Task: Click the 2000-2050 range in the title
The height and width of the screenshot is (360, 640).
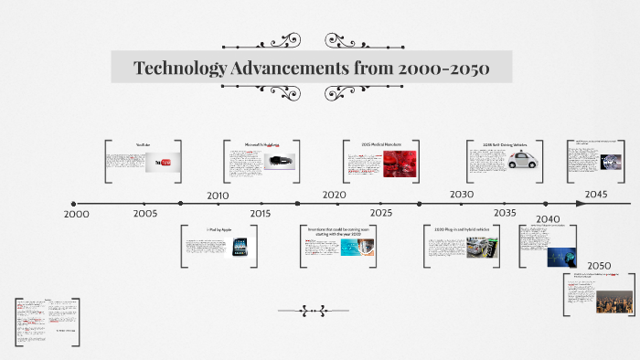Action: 438,69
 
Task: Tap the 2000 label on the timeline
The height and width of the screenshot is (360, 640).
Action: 77,214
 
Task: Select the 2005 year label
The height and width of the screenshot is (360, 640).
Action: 145,213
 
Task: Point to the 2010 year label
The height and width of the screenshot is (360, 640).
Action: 218,196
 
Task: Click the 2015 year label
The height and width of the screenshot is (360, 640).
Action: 261,213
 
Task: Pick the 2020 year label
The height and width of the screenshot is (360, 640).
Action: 334,195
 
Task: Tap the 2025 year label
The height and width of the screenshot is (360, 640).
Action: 381,213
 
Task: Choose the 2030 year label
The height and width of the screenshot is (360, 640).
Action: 462,195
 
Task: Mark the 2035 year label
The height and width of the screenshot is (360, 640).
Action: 505,213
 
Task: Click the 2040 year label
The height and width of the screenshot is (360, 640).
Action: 548,219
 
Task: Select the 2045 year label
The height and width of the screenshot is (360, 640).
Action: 596,195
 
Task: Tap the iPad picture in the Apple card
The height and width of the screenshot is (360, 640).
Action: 241,247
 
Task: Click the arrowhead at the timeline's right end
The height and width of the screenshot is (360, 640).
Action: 582,204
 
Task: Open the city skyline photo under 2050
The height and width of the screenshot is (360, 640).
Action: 615,301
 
